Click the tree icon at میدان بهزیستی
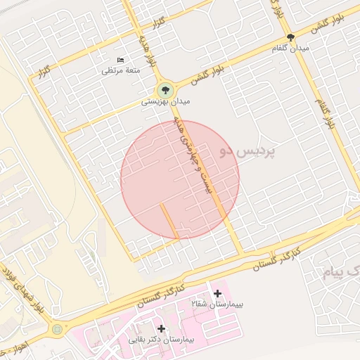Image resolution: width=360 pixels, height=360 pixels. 165,89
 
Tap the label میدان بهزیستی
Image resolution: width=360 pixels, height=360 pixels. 166,102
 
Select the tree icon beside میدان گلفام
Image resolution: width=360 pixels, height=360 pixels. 290,38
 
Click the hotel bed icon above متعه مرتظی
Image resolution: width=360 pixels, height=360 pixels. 120,60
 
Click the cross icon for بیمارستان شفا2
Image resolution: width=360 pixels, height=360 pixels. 217,293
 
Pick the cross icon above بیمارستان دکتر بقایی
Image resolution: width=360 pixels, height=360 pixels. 162,328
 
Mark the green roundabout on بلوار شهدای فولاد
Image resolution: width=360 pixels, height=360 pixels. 57,328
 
